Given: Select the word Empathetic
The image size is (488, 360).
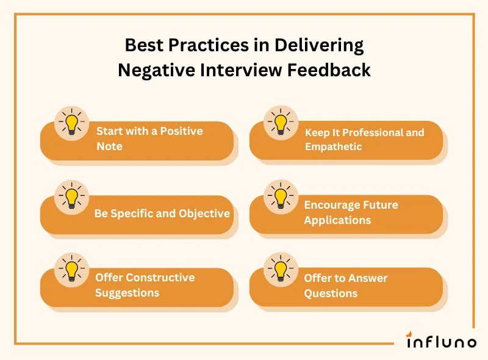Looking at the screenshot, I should (x=333, y=147).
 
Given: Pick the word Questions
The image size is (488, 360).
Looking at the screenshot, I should (x=331, y=293).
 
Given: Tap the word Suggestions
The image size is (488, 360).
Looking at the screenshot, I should (x=127, y=293).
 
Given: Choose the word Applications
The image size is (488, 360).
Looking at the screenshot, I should (x=337, y=220).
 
